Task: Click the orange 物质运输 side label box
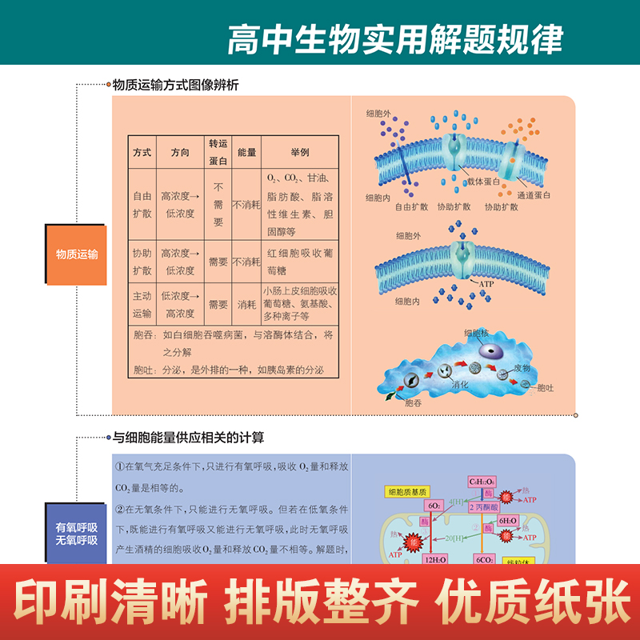coord(77,254)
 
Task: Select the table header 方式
coord(142,152)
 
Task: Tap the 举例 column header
coord(300,152)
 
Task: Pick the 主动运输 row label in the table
coord(142,304)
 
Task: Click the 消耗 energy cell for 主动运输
coord(246,304)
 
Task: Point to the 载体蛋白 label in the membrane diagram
coord(484,182)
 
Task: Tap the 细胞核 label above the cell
coord(477,332)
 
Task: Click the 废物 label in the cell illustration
coord(522,368)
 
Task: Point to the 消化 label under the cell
coord(460,385)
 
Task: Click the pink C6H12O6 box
coord(482,482)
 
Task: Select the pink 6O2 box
coord(435,506)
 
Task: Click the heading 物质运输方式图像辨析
coord(175,84)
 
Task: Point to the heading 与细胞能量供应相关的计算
coord(188,438)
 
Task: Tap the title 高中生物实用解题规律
coord(395,38)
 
